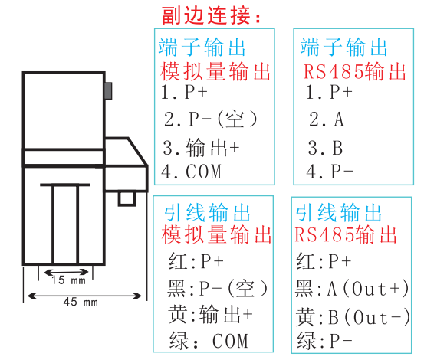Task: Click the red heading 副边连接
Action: pos(211,15)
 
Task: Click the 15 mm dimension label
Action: pos(69,280)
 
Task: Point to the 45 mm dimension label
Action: pos(81,302)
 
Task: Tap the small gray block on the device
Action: pos(108,90)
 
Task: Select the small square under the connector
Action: pos(127,199)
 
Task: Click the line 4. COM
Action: pos(191,172)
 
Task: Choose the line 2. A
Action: pos(327,119)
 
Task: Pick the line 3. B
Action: pos(325,148)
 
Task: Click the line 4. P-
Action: pos(330,172)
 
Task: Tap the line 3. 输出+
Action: pos(201,148)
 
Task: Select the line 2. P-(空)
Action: pos(210,119)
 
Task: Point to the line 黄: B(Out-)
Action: pos(353,317)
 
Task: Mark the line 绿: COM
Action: pos(209,341)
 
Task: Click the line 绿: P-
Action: pos(324,341)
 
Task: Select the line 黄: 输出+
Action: pos(210,314)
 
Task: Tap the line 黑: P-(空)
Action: pos(218,289)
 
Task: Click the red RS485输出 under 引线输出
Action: pos(346,234)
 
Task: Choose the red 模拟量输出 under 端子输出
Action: pos(215,71)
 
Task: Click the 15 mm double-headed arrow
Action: pos(66,272)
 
